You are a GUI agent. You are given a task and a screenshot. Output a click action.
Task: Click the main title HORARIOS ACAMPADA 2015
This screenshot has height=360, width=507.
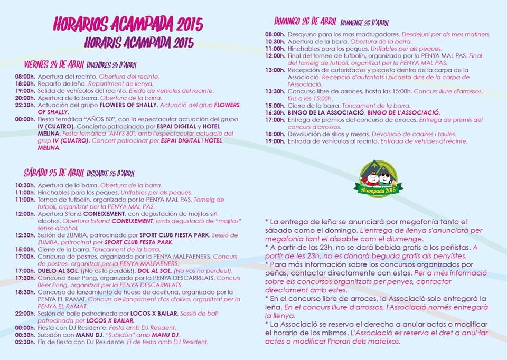128,25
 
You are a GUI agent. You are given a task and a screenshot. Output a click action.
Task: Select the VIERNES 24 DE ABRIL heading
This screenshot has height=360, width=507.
54,64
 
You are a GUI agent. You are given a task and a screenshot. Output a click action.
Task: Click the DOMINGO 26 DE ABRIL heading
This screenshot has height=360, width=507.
305,22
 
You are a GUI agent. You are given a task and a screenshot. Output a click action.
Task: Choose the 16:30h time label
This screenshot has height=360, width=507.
275,112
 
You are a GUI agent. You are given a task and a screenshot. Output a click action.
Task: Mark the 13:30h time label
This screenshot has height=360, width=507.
275,91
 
